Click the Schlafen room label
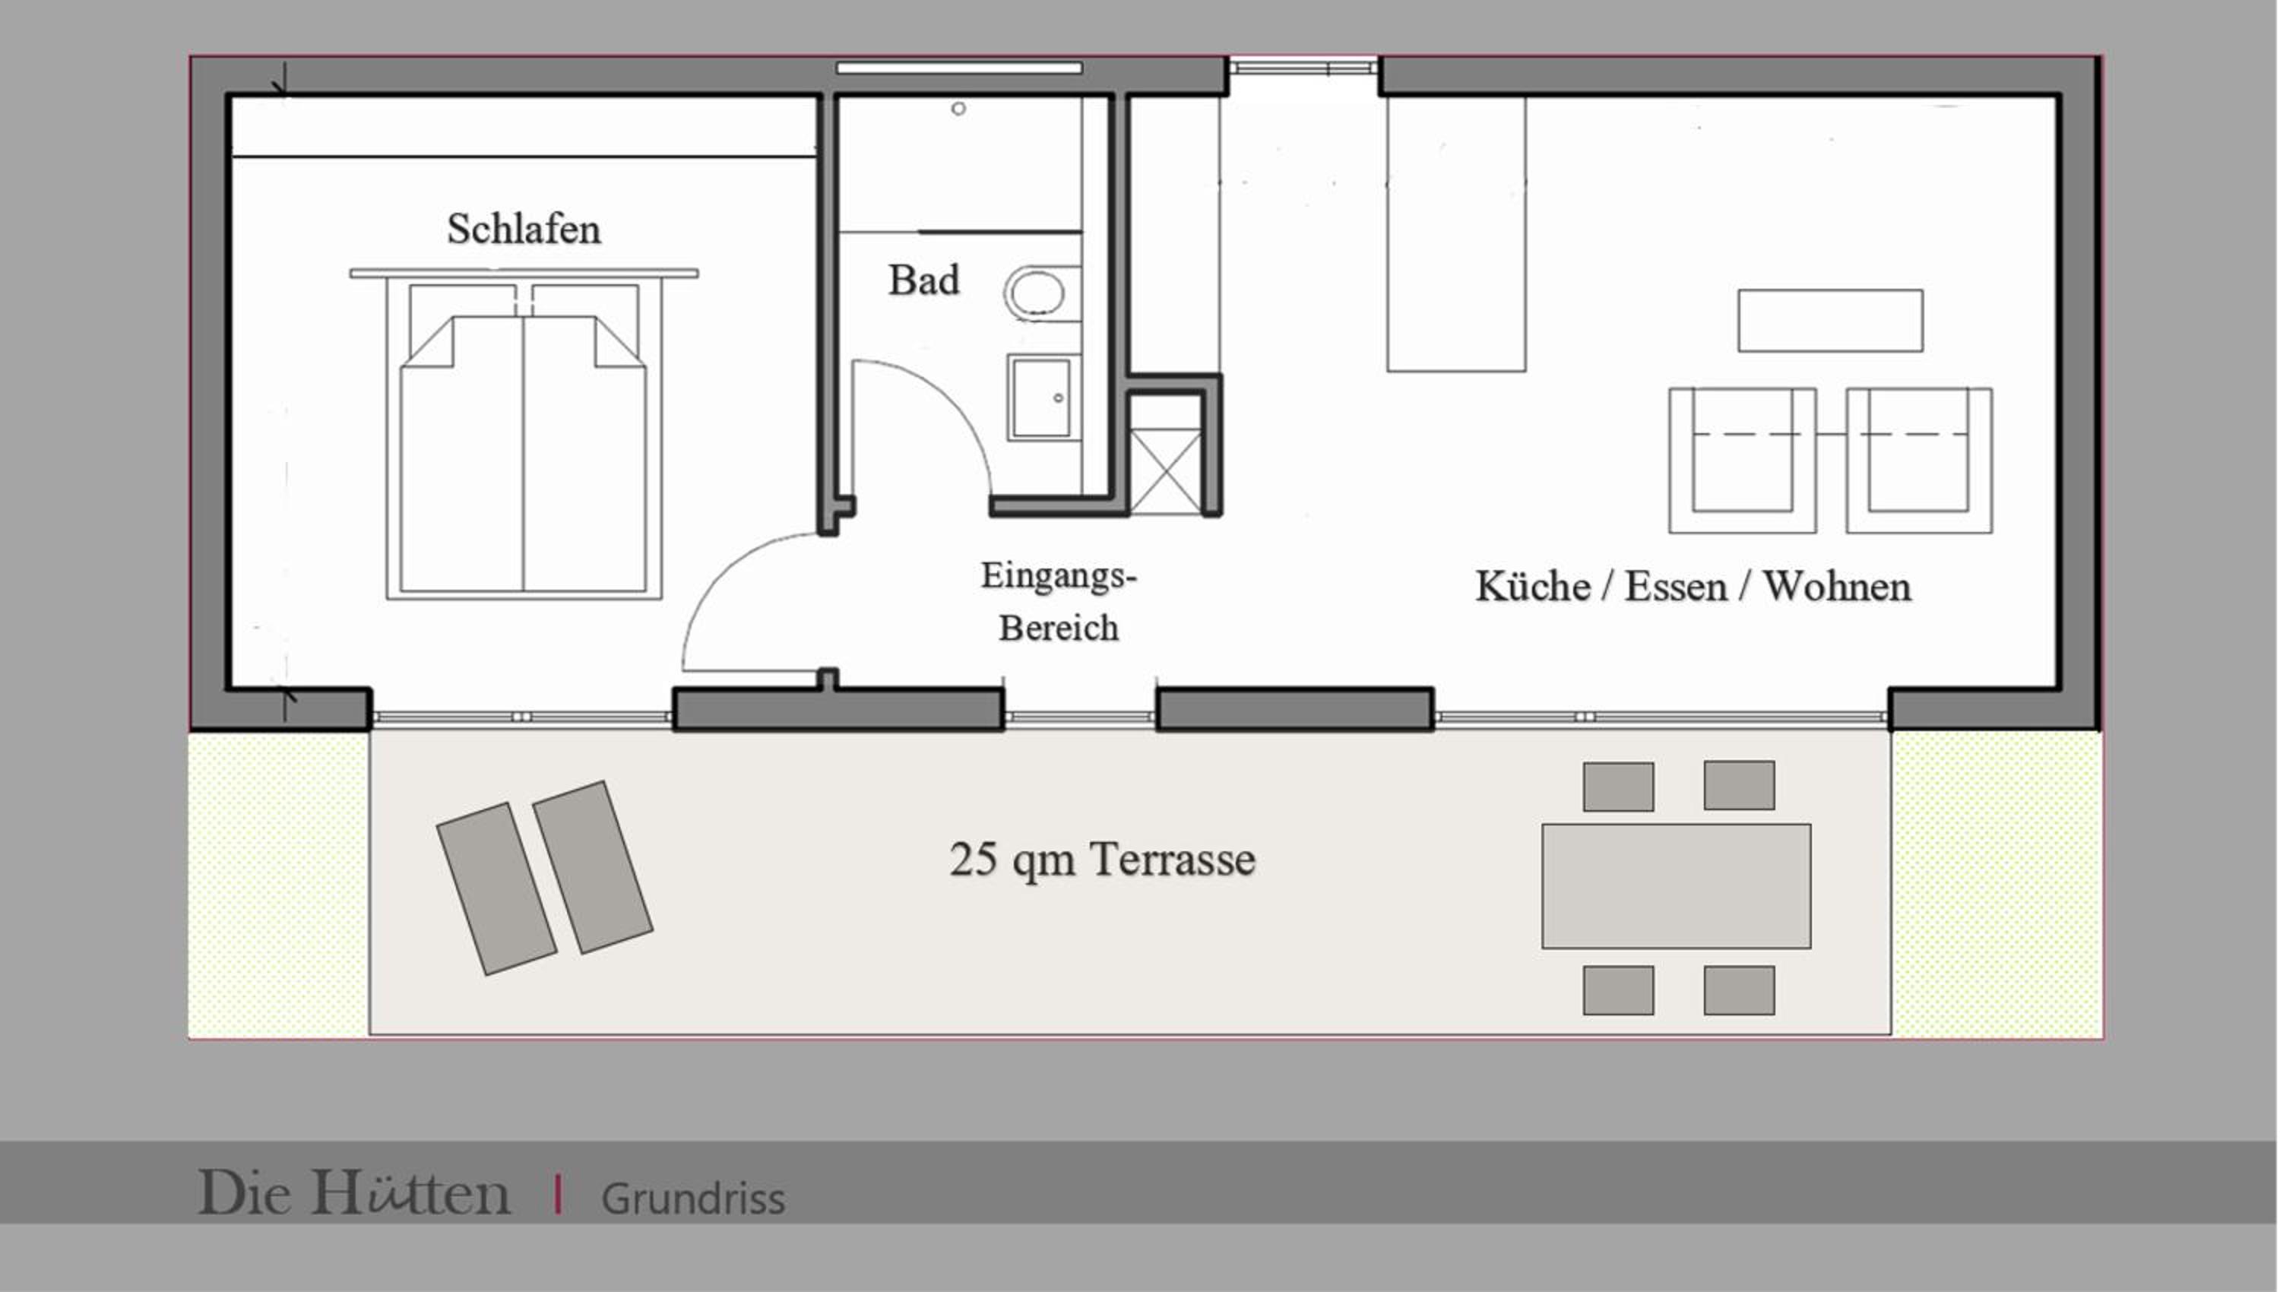(524, 229)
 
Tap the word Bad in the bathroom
(923, 280)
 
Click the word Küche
(1532, 587)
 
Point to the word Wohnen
(1836, 587)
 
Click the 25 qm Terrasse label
(1102, 859)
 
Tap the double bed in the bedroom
(524, 435)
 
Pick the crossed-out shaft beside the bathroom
(1166, 471)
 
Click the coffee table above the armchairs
(1830, 320)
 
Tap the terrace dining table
(1676, 885)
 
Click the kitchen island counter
(1456, 234)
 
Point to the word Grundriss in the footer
(693, 1199)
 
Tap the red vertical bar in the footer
(557, 1193)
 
